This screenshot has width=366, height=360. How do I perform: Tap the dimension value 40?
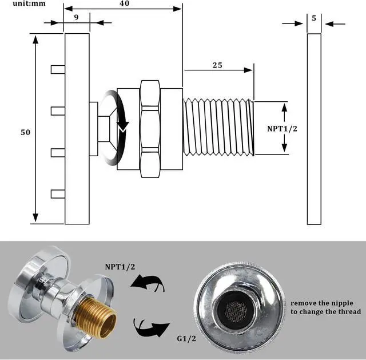pyautogui.click(x=124, y=4)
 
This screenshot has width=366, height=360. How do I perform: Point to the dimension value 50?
pyautogui.click(x=25, y=132)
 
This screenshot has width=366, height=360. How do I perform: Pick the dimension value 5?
pyautogui.click(x=314, y=18)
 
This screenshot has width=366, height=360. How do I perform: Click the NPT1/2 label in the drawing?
pyautogui.click(x=283, y=129)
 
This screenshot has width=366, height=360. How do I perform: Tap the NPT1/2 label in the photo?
pyautogui.click(x=120, y=267)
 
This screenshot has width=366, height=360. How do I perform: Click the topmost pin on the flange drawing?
pyautogui.click(x=57, y=69)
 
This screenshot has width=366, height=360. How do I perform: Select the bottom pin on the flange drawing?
pyautogui.click(x=57, y=193)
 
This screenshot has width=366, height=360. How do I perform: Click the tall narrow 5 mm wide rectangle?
pyautogui.click(x=314, y=129)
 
